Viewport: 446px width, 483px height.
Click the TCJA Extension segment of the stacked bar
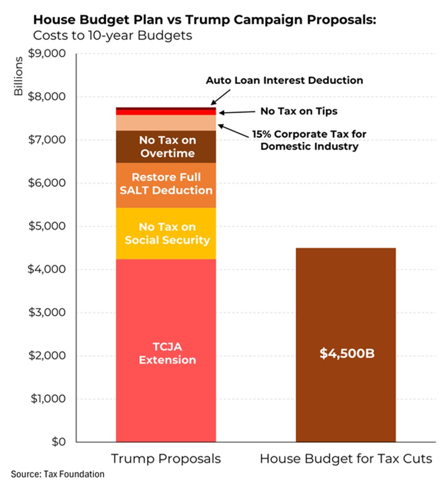tap(166, 350)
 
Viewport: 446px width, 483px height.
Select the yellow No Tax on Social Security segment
tap(166, 233)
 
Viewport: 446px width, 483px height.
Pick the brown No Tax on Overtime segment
tap(166, 146)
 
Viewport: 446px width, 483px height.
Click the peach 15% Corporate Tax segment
tap(166, 123)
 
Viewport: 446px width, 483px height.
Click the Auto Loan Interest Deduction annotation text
tap(284, 80)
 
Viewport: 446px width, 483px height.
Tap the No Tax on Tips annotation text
tap(299, 111)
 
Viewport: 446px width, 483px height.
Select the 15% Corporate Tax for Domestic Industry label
tap(309, 140)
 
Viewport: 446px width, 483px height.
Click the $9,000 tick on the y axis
tap(50, 54)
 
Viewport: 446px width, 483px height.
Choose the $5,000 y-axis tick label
tap(50, 226)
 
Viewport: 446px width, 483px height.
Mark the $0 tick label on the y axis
tap(59, 442)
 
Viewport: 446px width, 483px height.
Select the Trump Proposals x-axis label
tap(166, 458)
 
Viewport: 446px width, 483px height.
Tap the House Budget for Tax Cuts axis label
tap(346, 458)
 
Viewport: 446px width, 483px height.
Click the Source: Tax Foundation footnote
tap(58, 474)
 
